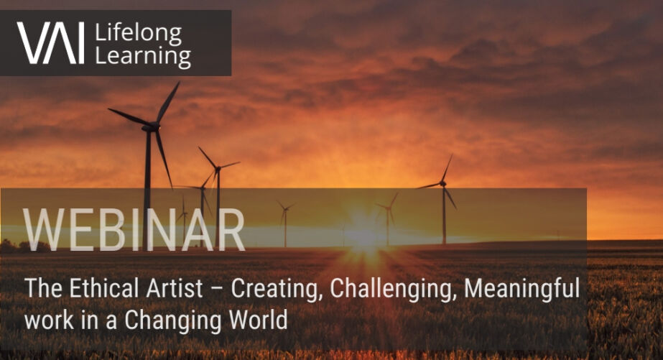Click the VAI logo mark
(50, 43)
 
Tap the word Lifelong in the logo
(138, 34)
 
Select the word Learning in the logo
(143, 56)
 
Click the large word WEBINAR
(134, 230)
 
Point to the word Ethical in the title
(104, 288)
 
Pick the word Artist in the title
(175, 288)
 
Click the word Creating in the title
(276, 290)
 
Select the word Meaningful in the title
(522, 290)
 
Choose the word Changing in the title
(172, 320)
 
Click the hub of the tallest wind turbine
(152, 126)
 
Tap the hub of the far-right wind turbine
(442, 184)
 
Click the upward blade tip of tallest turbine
(179, 83)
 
